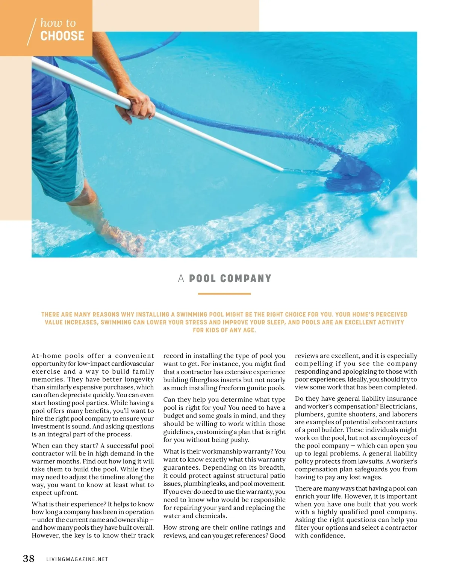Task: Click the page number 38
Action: (29, 559)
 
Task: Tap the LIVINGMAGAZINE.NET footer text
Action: (77, 559)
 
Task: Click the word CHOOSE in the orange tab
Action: (62, 36)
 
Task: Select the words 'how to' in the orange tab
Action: (58, 23)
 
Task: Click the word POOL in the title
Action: (203, 279)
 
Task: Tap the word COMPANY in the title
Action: (246, 279)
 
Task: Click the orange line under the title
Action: (224, 294)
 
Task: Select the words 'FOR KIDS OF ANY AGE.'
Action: (224, 331)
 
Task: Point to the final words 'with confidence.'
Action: (320, 536)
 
